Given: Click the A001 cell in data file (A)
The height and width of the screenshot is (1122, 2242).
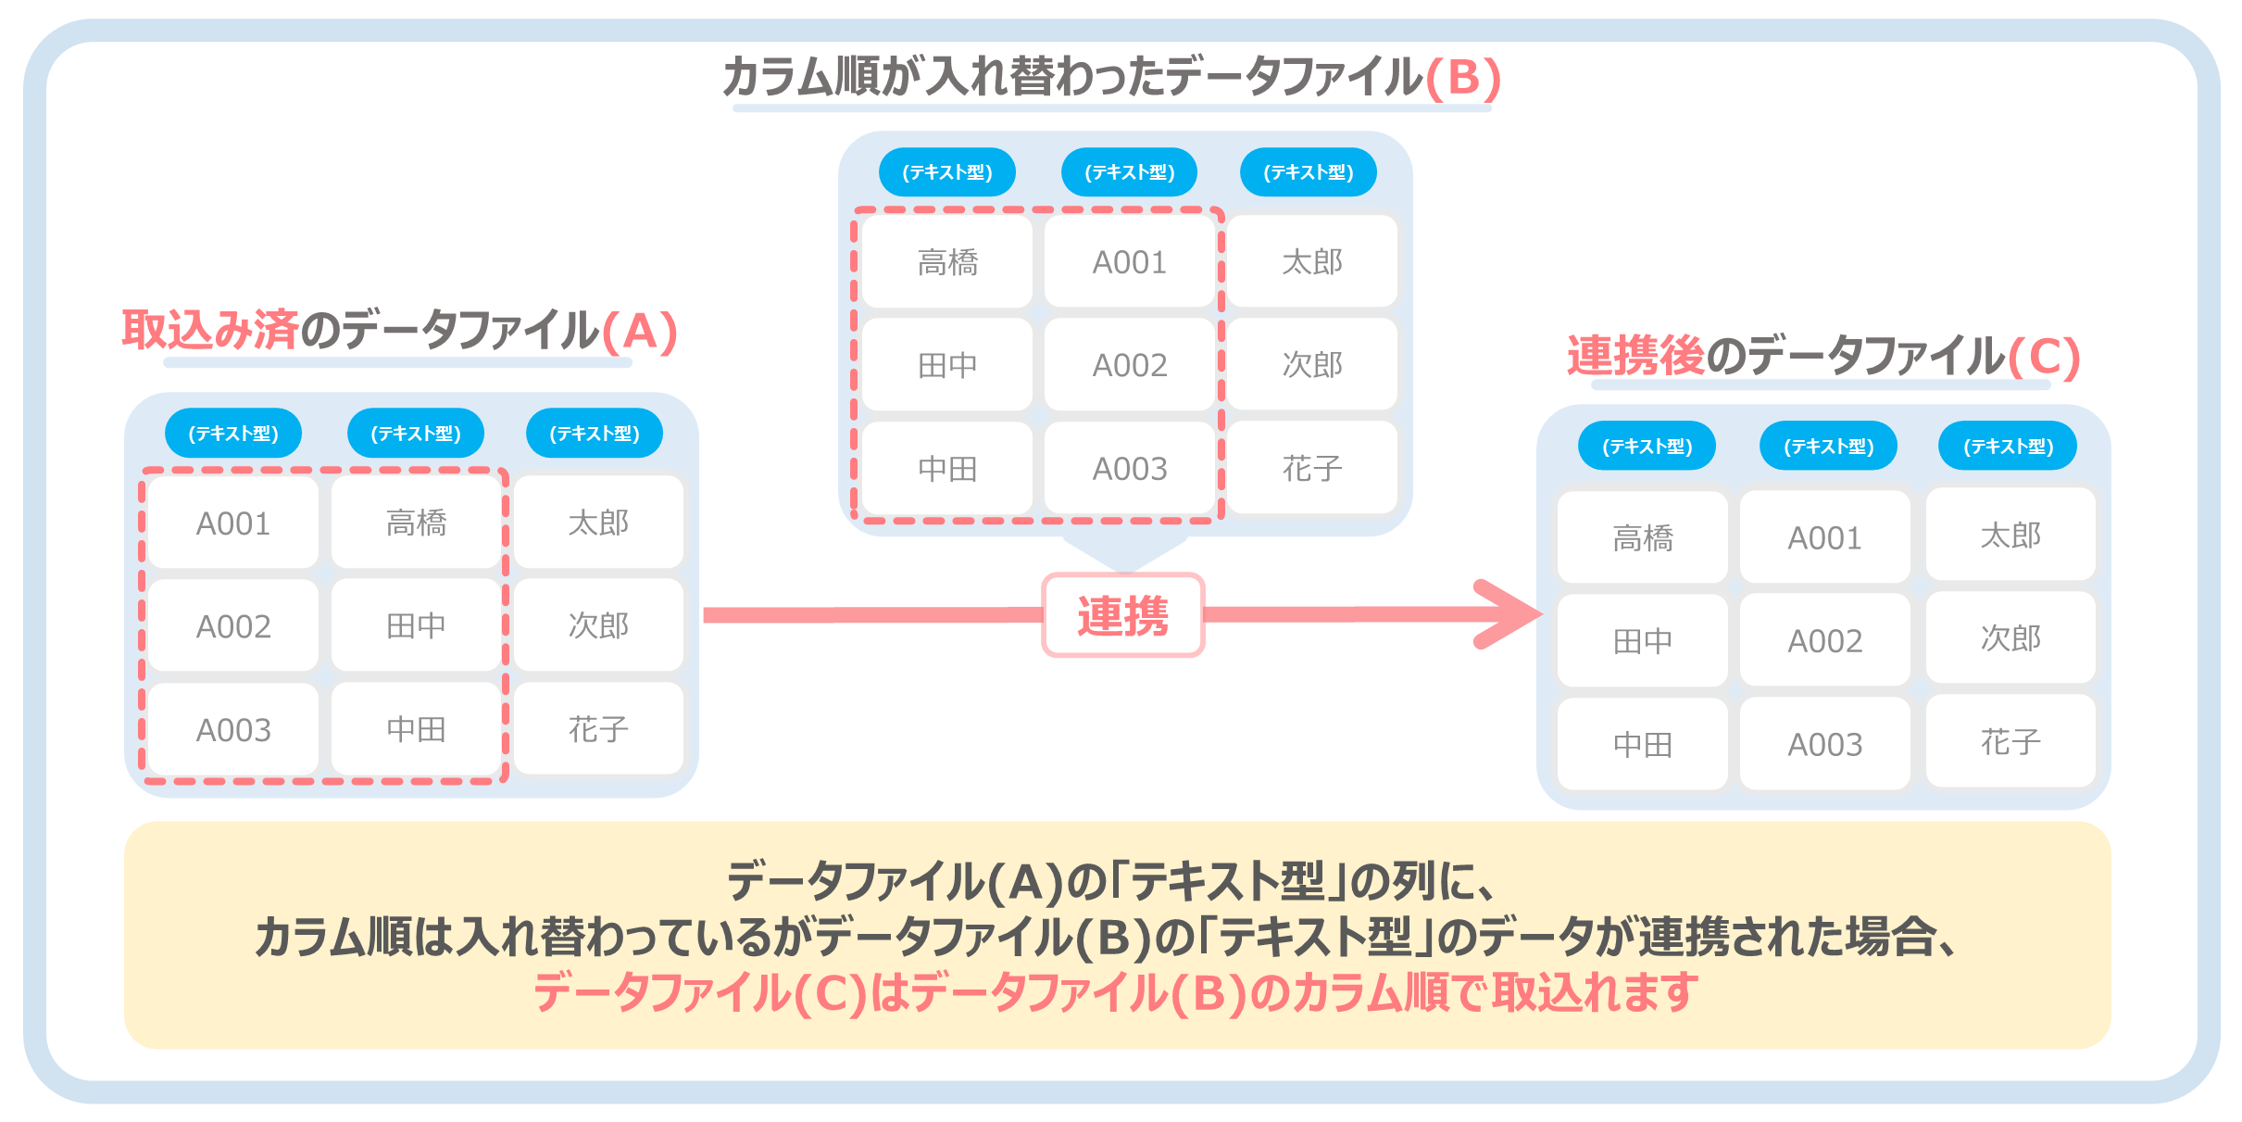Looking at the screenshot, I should tap(233, 523).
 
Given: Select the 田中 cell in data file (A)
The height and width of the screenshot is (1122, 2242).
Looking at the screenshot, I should tap(416, 626).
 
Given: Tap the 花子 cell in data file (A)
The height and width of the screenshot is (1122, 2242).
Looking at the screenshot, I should tap(598, 729).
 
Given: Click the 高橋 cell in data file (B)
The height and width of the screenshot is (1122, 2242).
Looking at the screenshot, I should tap(947, 262).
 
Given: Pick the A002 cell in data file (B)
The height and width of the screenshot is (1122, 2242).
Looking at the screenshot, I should tap(1130, 365).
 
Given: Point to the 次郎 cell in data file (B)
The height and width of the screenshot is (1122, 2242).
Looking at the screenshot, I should tap(1312, 365).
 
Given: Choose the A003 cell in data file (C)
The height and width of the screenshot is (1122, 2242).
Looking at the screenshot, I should tap(1824, 744).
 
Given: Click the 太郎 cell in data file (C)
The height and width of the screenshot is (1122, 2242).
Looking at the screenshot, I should tap(2010, 536).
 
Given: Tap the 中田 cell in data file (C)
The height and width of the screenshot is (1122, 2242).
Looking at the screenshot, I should tap(1643, 744).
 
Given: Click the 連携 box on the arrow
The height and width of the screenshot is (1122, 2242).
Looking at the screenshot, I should tap(1123, 616).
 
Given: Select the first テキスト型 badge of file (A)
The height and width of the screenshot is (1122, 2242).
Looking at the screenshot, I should tap(233, 433).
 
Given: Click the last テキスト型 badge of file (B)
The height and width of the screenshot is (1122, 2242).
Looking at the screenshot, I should tap(1309, 172).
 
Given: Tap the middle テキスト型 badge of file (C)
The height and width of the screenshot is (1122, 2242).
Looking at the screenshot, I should tap(1829, 447).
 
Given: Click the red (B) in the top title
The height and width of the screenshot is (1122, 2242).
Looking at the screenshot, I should tap(1463, 77).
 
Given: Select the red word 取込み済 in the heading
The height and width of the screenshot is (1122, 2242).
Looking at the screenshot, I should tap(210, 331).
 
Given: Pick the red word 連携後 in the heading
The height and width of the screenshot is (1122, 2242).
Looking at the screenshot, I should tap(1635, 356).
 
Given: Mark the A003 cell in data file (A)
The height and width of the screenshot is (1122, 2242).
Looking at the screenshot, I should tap(233, 730).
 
